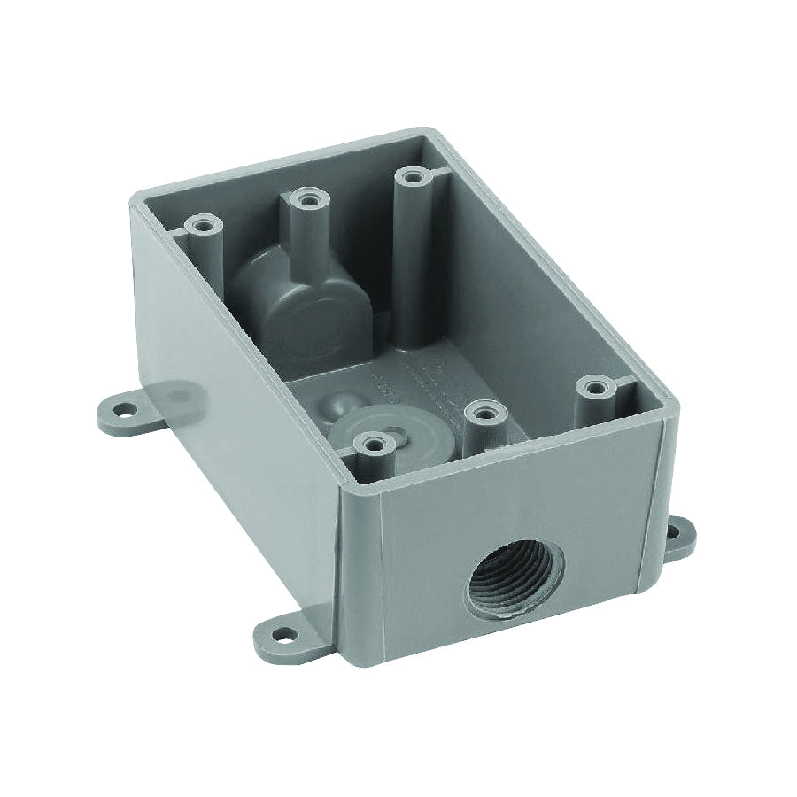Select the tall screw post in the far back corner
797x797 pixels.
coord(409,156)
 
